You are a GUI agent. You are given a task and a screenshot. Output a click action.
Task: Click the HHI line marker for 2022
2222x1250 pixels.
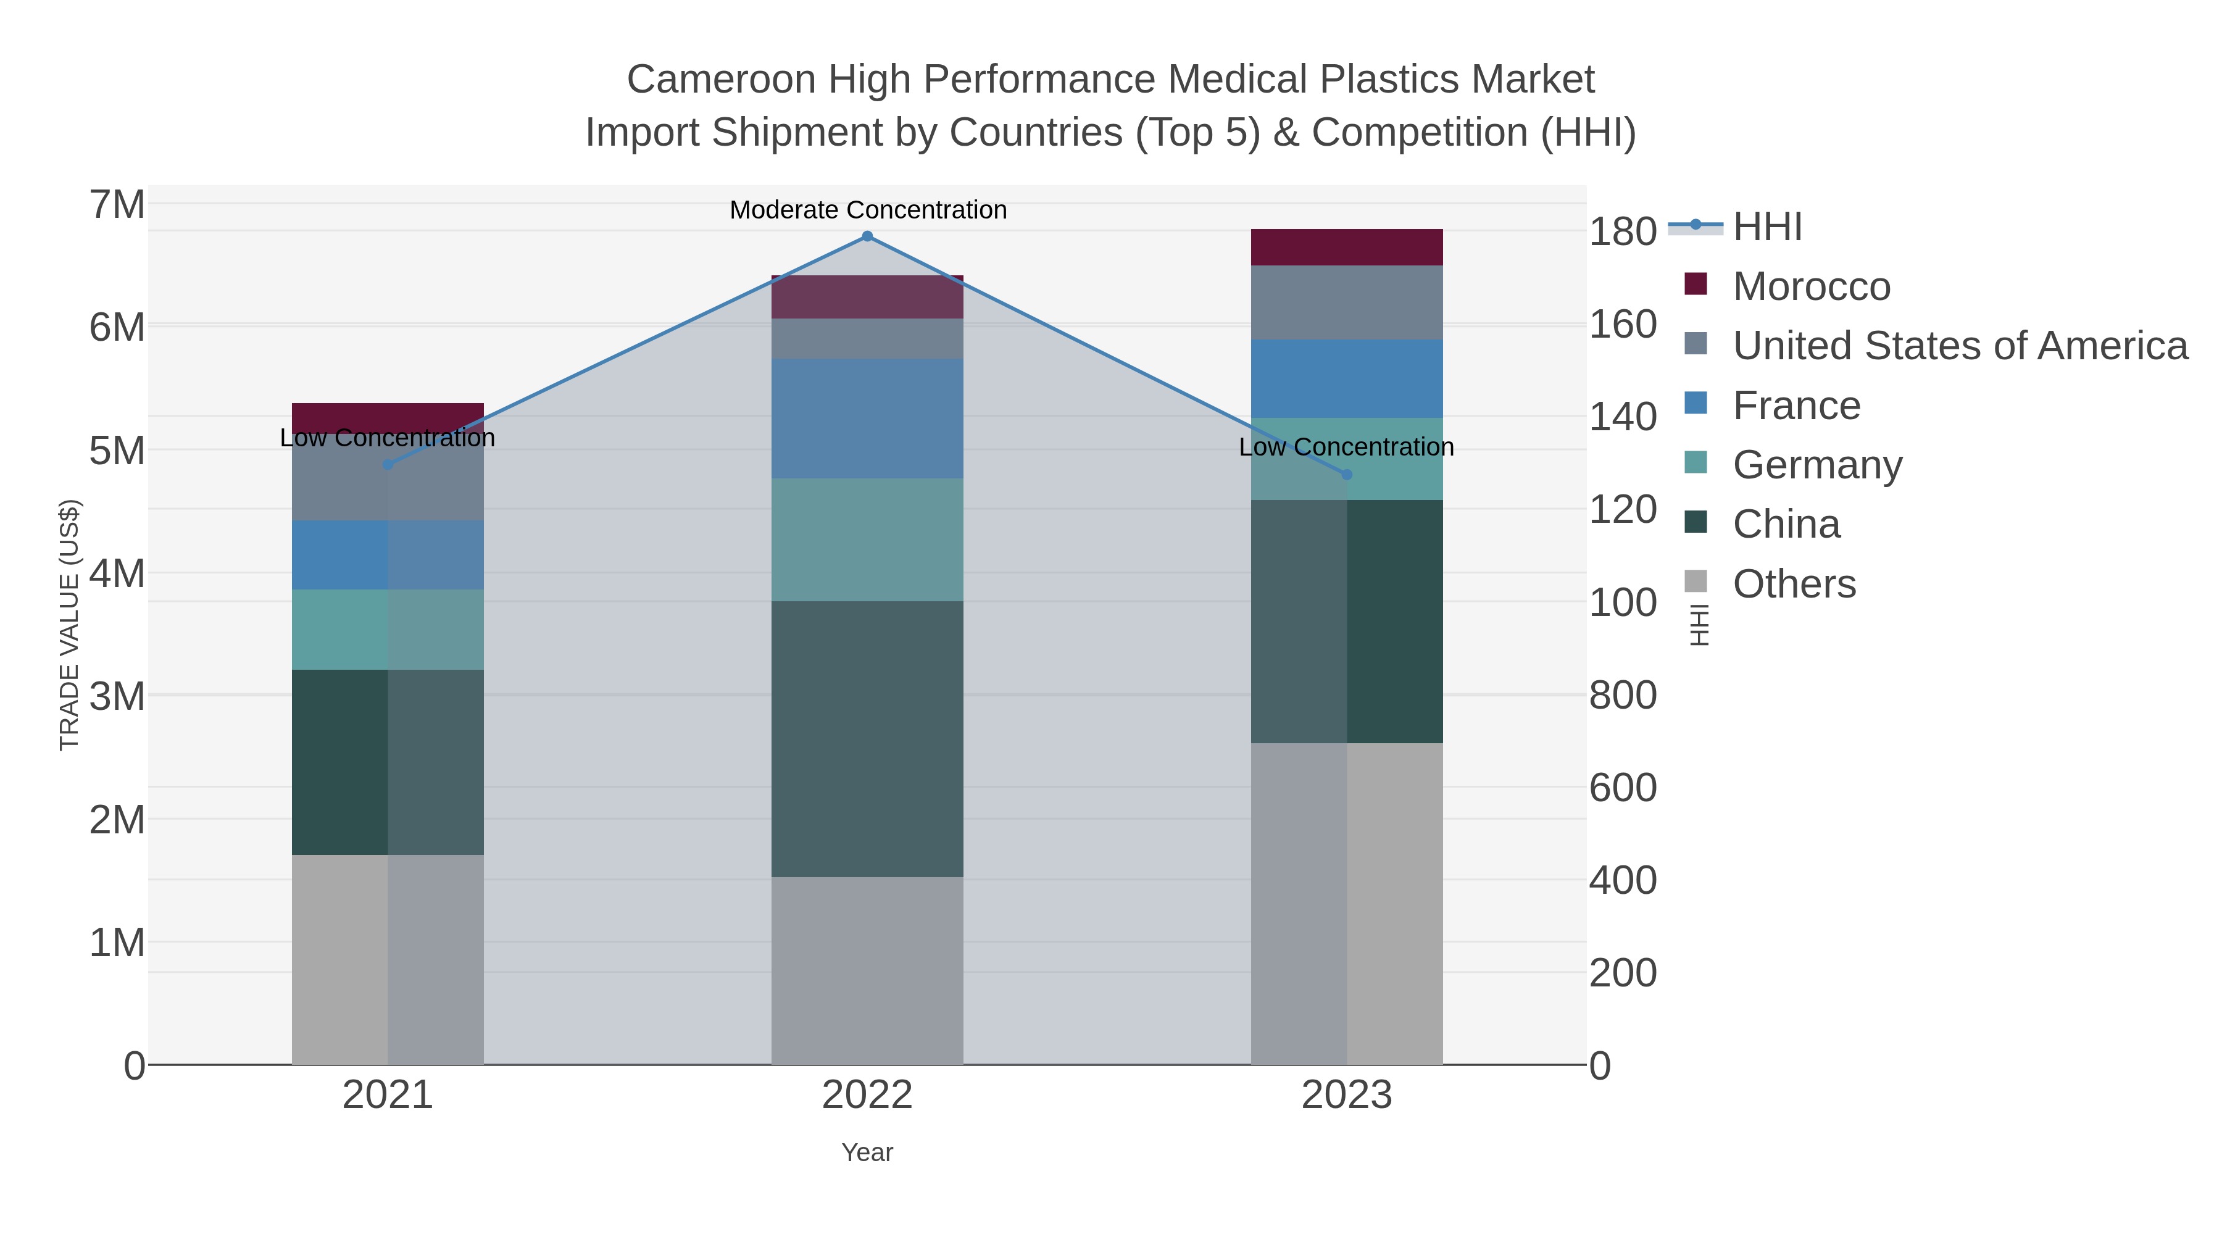tap(867, 236)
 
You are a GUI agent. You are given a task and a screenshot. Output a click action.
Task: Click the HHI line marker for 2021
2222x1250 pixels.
tap(388, 464)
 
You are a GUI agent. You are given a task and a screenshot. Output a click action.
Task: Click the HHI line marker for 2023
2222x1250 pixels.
tap(1347, 475)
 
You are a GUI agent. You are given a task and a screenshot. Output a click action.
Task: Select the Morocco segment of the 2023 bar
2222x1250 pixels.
tap(1347, 248)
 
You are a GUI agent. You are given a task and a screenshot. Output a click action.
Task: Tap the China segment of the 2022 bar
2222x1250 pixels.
tap(867, 740)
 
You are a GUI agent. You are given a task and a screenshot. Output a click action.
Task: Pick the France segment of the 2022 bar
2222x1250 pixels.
tap(867, 419)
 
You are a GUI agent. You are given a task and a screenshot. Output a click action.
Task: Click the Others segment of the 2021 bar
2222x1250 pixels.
tap(388, 959)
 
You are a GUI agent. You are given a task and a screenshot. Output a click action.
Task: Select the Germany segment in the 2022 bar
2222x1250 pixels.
tap(867, 540)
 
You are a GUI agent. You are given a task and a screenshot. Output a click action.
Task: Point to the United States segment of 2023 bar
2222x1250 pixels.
tap(1347, 303)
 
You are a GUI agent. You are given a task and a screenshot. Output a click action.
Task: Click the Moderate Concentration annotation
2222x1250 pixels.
tap(868, 210)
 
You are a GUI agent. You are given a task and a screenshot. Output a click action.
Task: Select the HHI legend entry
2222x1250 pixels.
tap(1766, 227)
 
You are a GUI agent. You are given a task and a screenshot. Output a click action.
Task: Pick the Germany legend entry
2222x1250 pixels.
tap(1816, 465)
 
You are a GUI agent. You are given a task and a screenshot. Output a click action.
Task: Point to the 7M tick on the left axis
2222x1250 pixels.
tap(117, 206)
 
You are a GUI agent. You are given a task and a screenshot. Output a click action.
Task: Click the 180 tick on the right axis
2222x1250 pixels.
tap(1623, 232)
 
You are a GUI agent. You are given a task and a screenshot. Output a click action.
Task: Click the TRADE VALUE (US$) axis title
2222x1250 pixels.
tap(69, 625)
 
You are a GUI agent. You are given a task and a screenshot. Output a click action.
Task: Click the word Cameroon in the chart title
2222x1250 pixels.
tap(721, 80)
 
